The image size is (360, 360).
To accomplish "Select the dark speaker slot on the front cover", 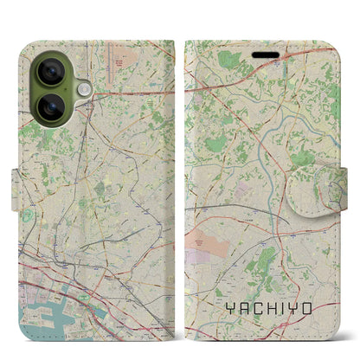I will (x=263, y=50).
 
